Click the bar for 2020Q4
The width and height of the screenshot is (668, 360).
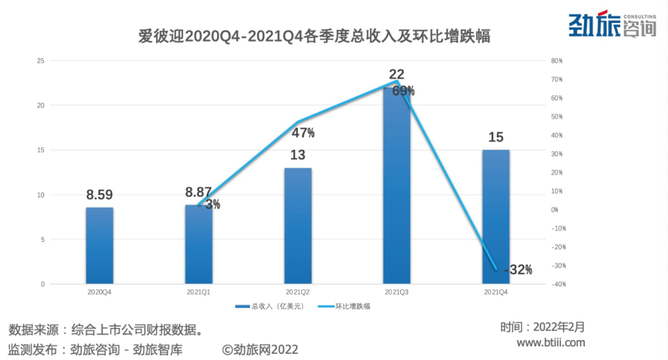pyautogui.click(x=100, y=246)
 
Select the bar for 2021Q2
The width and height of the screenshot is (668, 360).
pyautogui.click(x=298, y=226)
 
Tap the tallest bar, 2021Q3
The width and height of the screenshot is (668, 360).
pyautogui.click(x=396, y=186)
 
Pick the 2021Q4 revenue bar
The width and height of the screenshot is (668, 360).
pyautogui.click(x=495, y=216)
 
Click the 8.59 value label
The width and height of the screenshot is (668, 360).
pyautogui.click(x=100, y=195)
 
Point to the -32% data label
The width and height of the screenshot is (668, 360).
pyautogui.click(x=518, y=270)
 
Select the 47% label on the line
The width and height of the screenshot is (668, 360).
pyautogui.click(x=303, y=132)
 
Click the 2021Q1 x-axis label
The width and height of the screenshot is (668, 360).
pyautogui.click(x=199, y=291)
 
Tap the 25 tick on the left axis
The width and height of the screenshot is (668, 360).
pyautogui.click(x=41, y=61)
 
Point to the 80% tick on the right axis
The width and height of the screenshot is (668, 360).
pyautogui.click(x=556, y=61)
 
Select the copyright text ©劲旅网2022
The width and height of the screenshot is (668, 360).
pyautogui.click(x=260, y=349)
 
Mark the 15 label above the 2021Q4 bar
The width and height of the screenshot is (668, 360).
pyautogui.click(x=495, y=137)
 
